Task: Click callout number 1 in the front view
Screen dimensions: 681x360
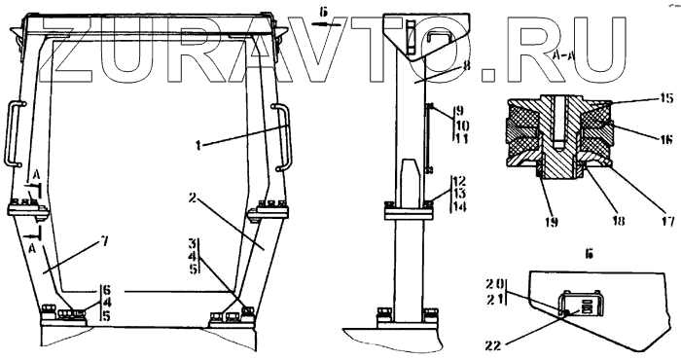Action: point(198,145)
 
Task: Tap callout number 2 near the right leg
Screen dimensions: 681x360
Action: point(193,198)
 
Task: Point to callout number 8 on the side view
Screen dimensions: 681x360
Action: point(466,65)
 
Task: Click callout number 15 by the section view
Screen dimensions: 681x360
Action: point(666,98)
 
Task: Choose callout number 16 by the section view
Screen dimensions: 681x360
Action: point(664,138)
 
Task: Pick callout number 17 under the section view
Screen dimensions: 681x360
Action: point(666,221)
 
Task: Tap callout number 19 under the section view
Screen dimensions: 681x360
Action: point(551,223)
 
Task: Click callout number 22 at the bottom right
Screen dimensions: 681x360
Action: point(493,345)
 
